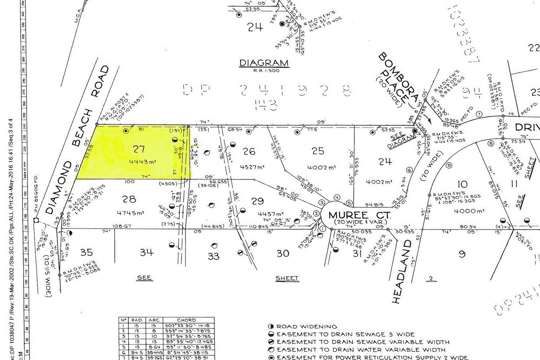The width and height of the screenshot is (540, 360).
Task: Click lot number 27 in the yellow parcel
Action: [x=139, y=149]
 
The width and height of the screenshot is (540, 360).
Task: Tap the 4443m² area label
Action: [x=143, y=162]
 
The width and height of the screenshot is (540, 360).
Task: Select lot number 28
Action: [x=129, y=199]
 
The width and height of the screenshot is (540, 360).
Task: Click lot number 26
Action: [x=249, y=151]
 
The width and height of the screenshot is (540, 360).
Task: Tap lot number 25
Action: [x=318, y=151]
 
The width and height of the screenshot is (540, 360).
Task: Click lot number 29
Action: [x=257, y=201]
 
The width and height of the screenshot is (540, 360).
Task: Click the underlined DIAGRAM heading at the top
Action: [x=264, y=63]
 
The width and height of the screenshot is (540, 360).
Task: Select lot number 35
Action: [x=86, y=252]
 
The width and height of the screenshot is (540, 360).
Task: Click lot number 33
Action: [x=214, y=256]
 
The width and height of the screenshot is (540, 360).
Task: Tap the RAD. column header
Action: [x=137, y=320]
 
